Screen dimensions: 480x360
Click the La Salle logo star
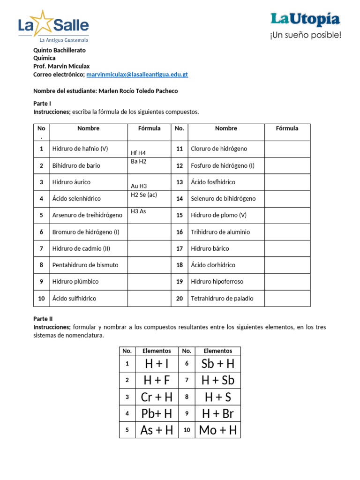pyautogui.click(x=43, y=23)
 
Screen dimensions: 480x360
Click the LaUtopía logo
pyautogui.click(x=305, y=19)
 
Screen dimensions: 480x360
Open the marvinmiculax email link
pyautogui.click(x=137, y=75)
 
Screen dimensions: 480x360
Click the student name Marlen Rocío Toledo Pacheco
pyautogui.click(x=138, y=91)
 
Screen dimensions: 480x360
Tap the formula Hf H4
pyautogui.click(x=138, y=153)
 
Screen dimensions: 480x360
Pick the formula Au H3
pyautogui.click(x=138, y=186)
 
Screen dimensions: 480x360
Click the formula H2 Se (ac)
pyautogui.click(x=143, y=195)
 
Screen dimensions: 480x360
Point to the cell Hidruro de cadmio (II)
pyautogui.click(x=82, y=248)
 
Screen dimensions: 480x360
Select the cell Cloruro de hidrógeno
pyautogui.click(x=219, y=149)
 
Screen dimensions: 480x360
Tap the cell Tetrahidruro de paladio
pyautogui.click(x=222, y=298)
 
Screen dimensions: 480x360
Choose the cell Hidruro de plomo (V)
pyautogui.click(x=218, y=215)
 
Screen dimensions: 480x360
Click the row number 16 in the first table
pyautogui.click(x=179, y=232)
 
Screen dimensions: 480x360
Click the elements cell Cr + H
pyautogui.click(x=157, y=397)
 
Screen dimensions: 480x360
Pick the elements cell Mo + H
pyautogui.click(x=218, y=430)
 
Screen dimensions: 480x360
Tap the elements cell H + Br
pyautogui.click(x=218, y=413)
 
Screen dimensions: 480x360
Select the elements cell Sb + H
pyautogui.click(x=218, y=364)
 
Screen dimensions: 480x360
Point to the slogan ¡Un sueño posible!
pyautogui.click(x=305, y=35)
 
